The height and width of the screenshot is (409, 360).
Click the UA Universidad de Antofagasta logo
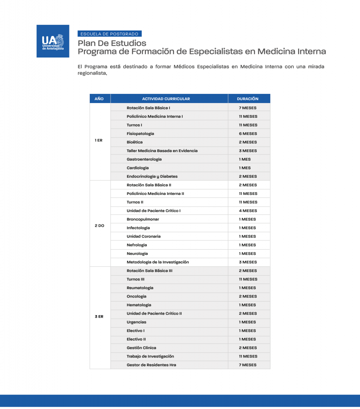pyautogui.click(x=53, y=41)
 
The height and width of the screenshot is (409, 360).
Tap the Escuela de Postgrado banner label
pyautogui.click(x=109, y=34)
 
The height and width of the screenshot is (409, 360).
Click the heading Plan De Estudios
pyautogui.click(x=112, y=43)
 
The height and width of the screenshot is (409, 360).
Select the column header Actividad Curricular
pyautogui.click(x=166, y=99)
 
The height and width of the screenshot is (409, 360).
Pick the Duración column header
pyautogui.click(x=247, y=99)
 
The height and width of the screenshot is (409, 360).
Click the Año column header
pyautogui.click(x=99, y=99)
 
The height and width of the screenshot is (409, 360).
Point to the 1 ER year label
pyautogui.click(x=99, y=140)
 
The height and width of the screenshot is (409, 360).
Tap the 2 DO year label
pyautogui.click(x=99, y=226)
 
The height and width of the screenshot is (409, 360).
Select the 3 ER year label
pyautogui.click(x=99, y=316)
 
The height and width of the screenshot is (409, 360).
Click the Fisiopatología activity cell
pyautogui.click(x=140, y=133)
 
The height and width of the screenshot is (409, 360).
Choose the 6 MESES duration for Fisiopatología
pyautogui.click(x=248, y=133)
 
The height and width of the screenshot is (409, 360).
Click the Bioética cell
pyautogui.click(x=135, y=142)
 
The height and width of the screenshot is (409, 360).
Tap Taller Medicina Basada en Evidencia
pyautogui.click(x=162, y=151)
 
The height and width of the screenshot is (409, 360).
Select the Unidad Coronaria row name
pyautogui.click(x=143, y=236)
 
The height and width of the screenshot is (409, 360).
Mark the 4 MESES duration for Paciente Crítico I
pyautogui.click(x=248, y=210)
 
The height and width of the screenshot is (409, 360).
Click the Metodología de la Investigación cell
pyautogui.click(x=158, y=262)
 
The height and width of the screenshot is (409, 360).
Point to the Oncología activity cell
pyautogui.click(x=136, y=296)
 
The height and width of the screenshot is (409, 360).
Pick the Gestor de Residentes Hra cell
pyautogui.click(x=151, y=365)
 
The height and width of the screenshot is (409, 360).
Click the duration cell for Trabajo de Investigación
pyautogui.click(x=248, y=356)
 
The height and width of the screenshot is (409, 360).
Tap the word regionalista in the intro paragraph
pyautogui.click(x=92, y=73)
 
